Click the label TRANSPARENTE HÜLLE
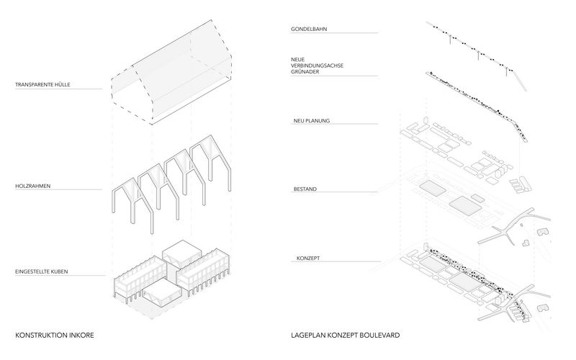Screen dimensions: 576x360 point(42,84)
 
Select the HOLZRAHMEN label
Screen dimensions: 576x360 point(32,186)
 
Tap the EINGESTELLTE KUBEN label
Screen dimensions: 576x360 point(42,272)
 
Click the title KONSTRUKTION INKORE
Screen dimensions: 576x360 point(55,336)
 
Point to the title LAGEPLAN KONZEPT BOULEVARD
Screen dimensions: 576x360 point(346,336)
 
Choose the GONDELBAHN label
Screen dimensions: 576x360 point(309,29)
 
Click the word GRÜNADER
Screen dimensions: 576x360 point(305,72)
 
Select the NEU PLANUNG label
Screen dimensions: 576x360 point(312,121)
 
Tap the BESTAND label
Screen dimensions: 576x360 point(305,189)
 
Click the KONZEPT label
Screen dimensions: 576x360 point(308,258)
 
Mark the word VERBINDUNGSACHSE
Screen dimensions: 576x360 point(317,66)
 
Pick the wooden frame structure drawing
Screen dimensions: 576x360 point(171,184)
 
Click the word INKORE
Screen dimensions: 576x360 point(83,336)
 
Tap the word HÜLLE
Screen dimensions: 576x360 point(63,84)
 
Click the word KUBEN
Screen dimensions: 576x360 point(59,272)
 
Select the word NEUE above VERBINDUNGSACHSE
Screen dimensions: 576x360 point(297,60)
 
